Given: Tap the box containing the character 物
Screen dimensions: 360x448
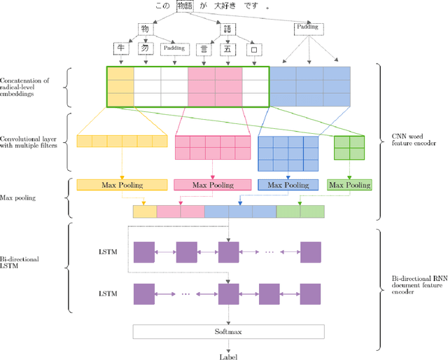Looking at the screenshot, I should (x=145, y=29).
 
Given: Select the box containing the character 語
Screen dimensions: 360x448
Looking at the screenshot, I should (x=227, y=29).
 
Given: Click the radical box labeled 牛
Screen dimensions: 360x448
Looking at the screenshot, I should (x=122, y=48).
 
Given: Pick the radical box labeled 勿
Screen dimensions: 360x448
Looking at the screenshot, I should (x=145, y=48).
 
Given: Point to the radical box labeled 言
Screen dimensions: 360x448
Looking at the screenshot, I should (x=204, y=48).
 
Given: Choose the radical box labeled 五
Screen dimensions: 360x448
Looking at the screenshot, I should (x=227, y=48).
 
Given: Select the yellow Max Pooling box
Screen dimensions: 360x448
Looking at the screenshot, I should (x=122, y=185).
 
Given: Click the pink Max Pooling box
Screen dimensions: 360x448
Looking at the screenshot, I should (x=212, y=185).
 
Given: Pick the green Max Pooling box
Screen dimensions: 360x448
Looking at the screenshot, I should (x=349, y=185).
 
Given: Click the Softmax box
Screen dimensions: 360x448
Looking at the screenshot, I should (x=227, y=331).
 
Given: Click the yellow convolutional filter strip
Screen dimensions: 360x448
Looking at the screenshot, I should (x=122, y=141).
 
